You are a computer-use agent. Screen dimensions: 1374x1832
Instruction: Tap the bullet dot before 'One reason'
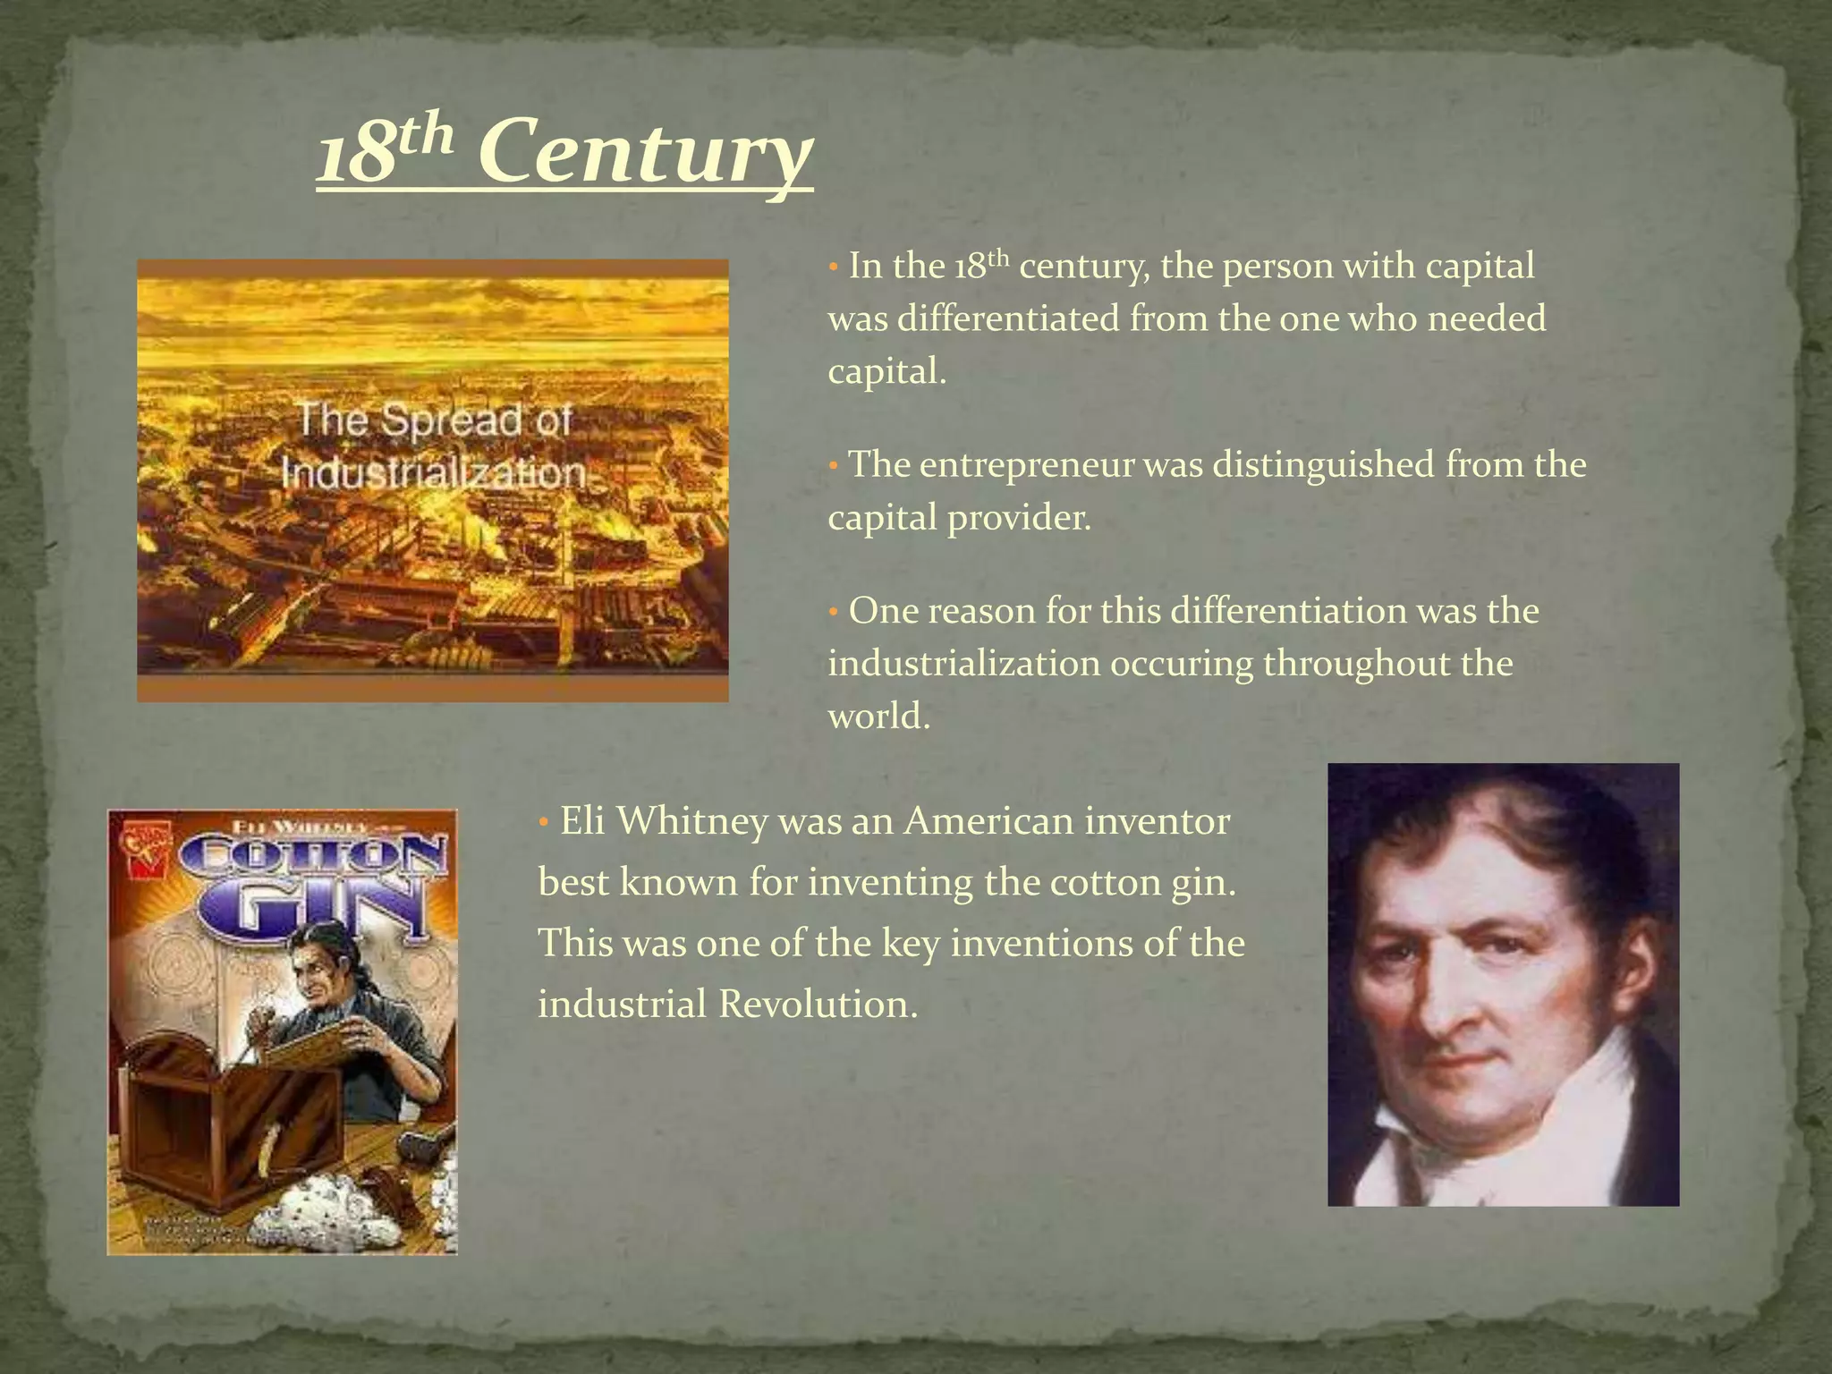833,613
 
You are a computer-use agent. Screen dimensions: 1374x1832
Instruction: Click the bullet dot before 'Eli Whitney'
543,822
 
